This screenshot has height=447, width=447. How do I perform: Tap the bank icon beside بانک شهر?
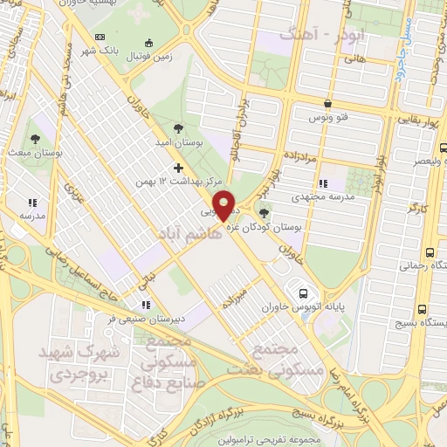click(100, 37)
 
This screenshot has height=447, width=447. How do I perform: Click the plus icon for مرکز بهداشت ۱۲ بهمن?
click(179, 167)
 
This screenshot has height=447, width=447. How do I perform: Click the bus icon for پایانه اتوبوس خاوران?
click(302, 293)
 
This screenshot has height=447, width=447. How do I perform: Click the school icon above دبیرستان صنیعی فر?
click(145, 305)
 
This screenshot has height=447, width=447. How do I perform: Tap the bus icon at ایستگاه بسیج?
click(423, 309)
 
